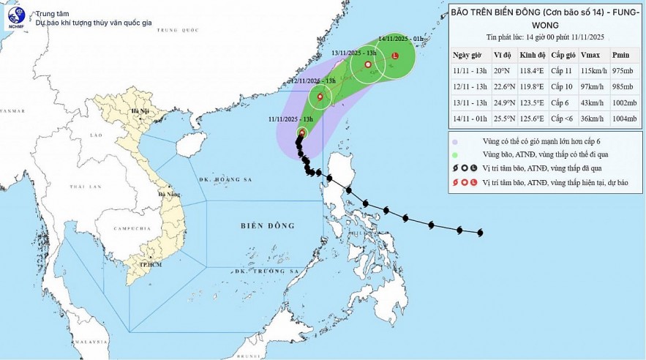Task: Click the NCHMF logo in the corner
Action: [15, 15]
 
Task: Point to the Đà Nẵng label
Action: [168, 195]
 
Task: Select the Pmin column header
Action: [620, 55]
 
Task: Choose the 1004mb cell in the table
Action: [620, 119]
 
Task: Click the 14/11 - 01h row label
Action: [468, 119]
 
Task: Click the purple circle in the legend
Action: [455, 142]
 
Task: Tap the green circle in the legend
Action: [455, 155]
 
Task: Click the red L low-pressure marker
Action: [396, 56]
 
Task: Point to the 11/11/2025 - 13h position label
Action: [291, 119]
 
